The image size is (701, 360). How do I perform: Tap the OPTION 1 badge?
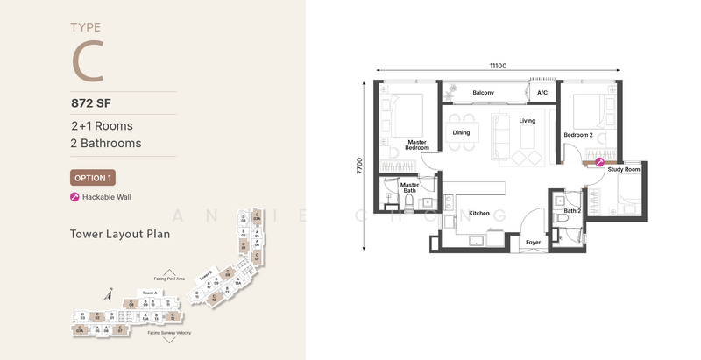pyautogui.click(x=93, y=177)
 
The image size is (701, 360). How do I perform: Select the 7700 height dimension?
pyautogui.click(x=360, y=167)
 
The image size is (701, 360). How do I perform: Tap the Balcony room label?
pyautogui.click(x=484, y=93)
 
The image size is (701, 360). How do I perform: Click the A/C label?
pyautogui.click(x=542, y=93)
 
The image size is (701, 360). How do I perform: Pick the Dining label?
pyautogui.click(x=461, y=133)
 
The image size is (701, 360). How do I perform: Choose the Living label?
pyautogui.click(x=527, y=121)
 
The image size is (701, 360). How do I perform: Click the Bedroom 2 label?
pyautogui.click(x=578, y=135)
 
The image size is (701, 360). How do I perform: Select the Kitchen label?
pyautogui.click(x=479, y=213)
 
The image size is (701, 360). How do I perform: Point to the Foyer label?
pyautogui.click(x=533, y=242)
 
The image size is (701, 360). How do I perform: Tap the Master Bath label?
pyautogui.click(x=409, y=187)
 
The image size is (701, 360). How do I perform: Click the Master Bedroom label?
pyautogui.click(x=416, y=145)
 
